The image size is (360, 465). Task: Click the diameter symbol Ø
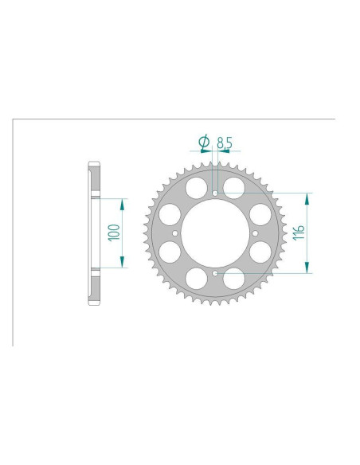[204, 143]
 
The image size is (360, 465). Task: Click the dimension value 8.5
[225, 143]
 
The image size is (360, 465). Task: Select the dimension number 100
[115, 232]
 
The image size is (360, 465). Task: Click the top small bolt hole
[216, 193]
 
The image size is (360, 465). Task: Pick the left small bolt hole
[176, 232]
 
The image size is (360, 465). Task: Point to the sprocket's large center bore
[216, 232]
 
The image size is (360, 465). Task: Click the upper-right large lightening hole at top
[234, 187]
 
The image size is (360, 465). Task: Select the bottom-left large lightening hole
[197, 279]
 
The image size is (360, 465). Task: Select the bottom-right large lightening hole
[234, 279]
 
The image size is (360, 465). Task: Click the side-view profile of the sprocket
[93, 232]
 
